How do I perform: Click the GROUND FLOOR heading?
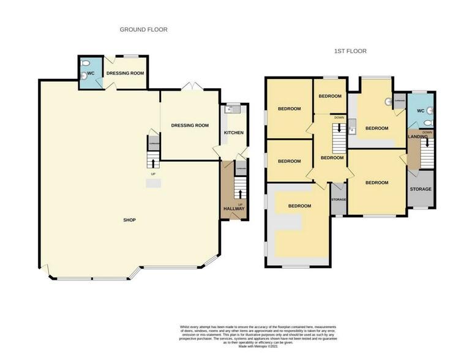[143, 29]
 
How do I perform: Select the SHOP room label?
[129, 220]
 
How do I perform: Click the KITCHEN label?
[233, 133]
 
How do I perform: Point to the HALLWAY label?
[234, 209]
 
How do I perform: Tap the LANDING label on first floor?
[418, 137]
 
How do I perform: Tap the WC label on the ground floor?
[90, 73]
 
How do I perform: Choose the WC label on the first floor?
[419, 111]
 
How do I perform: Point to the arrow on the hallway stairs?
[240, 186]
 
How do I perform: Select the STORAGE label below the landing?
[421, 189]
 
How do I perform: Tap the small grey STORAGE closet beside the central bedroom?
[339, 200]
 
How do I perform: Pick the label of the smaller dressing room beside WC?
[125, 73]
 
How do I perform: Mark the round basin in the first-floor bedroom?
[387, 102]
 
